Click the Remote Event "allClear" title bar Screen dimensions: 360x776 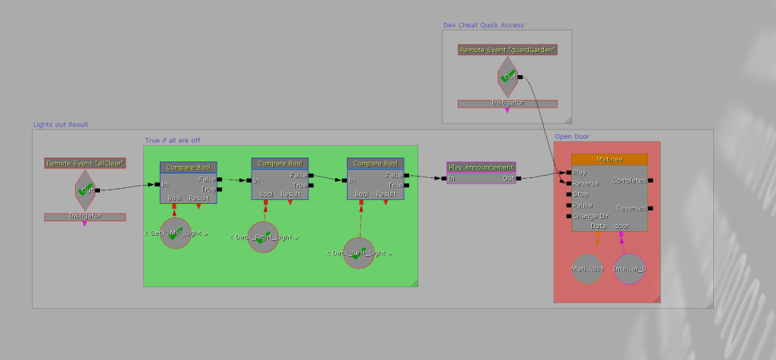[84, 163]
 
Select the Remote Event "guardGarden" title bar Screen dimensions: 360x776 [507, 50]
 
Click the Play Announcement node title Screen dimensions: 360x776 [480, 167]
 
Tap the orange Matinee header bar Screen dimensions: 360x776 [609, 159]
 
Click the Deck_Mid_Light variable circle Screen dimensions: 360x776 [176, 233]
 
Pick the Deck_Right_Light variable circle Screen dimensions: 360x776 [264, 237]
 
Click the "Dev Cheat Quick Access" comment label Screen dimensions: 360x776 [483, 25]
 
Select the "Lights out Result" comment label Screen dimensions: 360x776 [61, 124]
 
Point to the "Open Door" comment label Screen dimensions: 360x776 [572, 136]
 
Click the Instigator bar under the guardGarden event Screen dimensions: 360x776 [507, 103]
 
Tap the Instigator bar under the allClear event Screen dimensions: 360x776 [84, 217]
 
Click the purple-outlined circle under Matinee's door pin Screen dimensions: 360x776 [630, 269]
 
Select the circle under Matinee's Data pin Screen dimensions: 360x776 [587, 269]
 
